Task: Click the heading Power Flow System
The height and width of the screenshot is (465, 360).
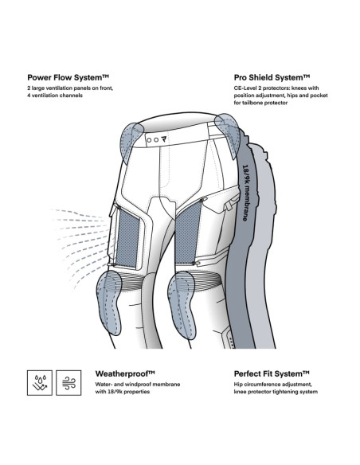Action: [x=68, y=78]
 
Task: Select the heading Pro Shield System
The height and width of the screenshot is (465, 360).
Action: [x=272, y=78]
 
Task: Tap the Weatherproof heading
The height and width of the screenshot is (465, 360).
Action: [x=125, y=373]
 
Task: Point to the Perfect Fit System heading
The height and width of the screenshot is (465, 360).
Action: [x=272, y=373]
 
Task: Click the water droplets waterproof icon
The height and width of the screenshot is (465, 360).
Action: [x=40, y=382]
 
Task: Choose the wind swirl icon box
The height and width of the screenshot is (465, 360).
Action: [x=68, y=382]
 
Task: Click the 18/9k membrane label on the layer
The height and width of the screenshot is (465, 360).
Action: [x=245, y=193]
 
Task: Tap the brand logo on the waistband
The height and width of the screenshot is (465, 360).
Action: [x=164, y=139]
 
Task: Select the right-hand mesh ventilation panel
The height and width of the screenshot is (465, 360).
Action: [x=187, y=232]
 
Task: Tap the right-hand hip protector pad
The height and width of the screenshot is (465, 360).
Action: [x=229, y=136]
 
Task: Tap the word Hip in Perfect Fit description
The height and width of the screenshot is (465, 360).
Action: [x=238, y=385]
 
